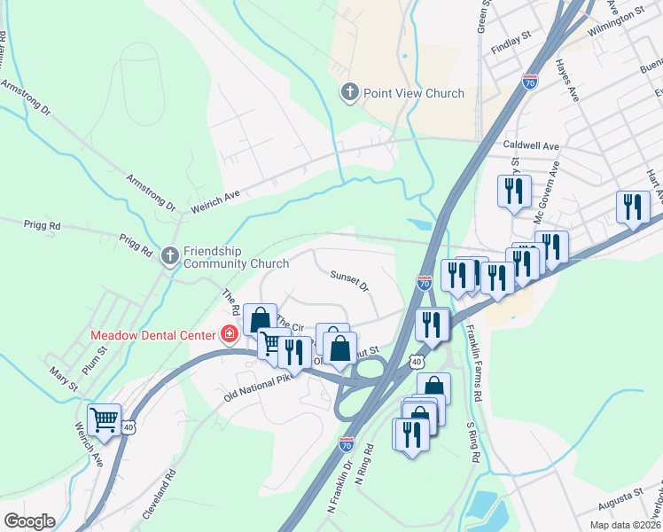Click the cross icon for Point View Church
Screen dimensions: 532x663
click(x=350, y=92)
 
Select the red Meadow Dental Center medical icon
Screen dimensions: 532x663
click(x=229, y=334)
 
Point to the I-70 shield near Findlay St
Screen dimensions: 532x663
click(x=530, y=81)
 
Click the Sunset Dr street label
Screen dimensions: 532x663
click(x=348, y=280)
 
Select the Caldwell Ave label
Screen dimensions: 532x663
click(x=531, y=145)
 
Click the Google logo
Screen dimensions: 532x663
click(x=29, y=521)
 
